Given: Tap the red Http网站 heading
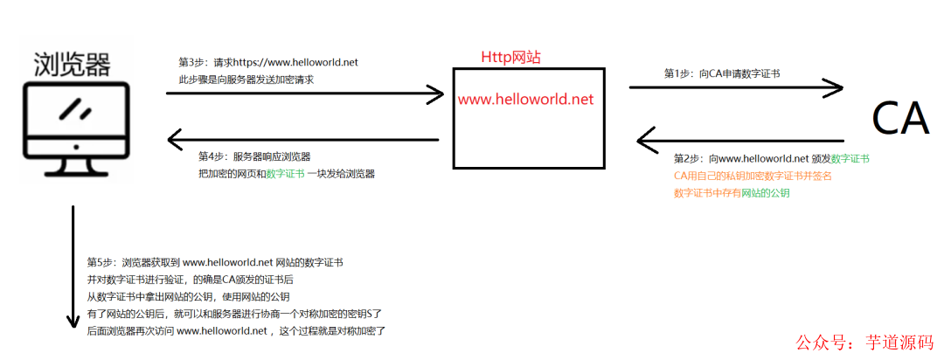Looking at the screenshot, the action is (510, 58).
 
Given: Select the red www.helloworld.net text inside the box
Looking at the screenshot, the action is (525, 99).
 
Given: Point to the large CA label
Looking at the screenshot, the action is (899, 118).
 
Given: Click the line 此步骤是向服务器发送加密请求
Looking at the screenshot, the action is (246, 80).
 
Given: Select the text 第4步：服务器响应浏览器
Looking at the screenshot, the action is (254, 156).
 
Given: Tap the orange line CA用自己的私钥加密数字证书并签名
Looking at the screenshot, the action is (753, 176).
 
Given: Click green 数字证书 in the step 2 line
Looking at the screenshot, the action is (850, 159).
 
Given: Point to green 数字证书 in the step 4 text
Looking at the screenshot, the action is (285, 174).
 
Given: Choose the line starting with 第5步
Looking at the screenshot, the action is (215, 261).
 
